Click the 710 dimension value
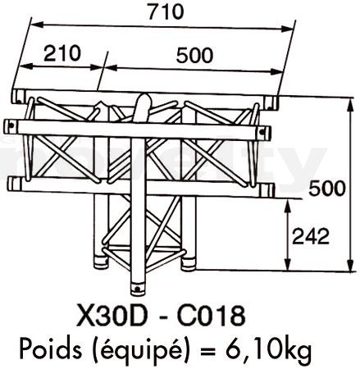click(166, 11)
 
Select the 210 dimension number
click(62, 53)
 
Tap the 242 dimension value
click(311, 236)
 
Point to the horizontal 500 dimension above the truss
click(194, 55)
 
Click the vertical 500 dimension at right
click(327, 189)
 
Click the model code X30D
click(112, 316)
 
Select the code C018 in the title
click(212, 316)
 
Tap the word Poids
click(51, 348)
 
